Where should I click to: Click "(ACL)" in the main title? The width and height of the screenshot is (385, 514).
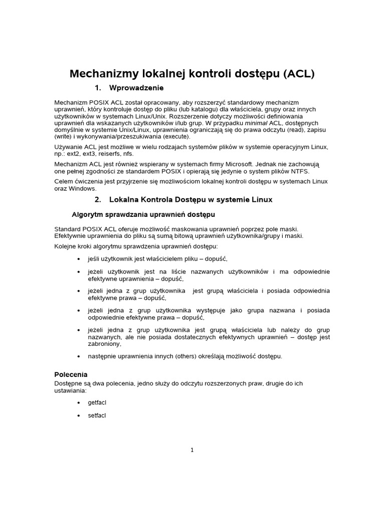(x=299, y=74)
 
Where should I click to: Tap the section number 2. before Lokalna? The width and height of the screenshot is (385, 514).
(x=98, y=199)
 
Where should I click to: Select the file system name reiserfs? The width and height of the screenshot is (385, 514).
(x=117, y=153)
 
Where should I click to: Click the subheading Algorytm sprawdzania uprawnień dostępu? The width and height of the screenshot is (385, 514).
(x=143, y=215)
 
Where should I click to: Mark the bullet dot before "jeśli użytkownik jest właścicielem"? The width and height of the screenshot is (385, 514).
(x=79, y=259)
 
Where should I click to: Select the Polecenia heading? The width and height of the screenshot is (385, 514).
(x=71, y=374)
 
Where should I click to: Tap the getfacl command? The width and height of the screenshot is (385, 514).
(x=97, y=403)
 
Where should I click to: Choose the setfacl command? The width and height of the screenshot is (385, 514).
(x=97, y=416)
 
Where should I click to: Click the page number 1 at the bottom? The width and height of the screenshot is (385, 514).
(x=192, y=450)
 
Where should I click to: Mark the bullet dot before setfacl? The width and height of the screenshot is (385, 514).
(x=79, y=416)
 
